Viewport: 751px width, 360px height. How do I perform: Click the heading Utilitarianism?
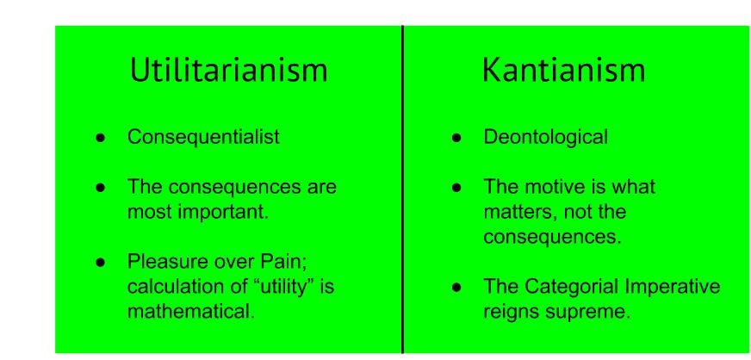pos(228,71)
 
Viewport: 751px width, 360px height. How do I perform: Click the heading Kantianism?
pos(563,71)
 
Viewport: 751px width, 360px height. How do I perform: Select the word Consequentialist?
pos(203,137)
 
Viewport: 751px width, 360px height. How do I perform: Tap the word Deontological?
pos(546,137)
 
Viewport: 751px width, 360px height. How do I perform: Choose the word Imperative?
pos(677,287)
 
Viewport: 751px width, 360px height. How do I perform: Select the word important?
pos(230,212)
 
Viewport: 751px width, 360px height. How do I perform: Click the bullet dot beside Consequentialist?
pos(102,138)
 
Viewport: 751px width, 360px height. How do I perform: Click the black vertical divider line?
pos(402,189)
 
